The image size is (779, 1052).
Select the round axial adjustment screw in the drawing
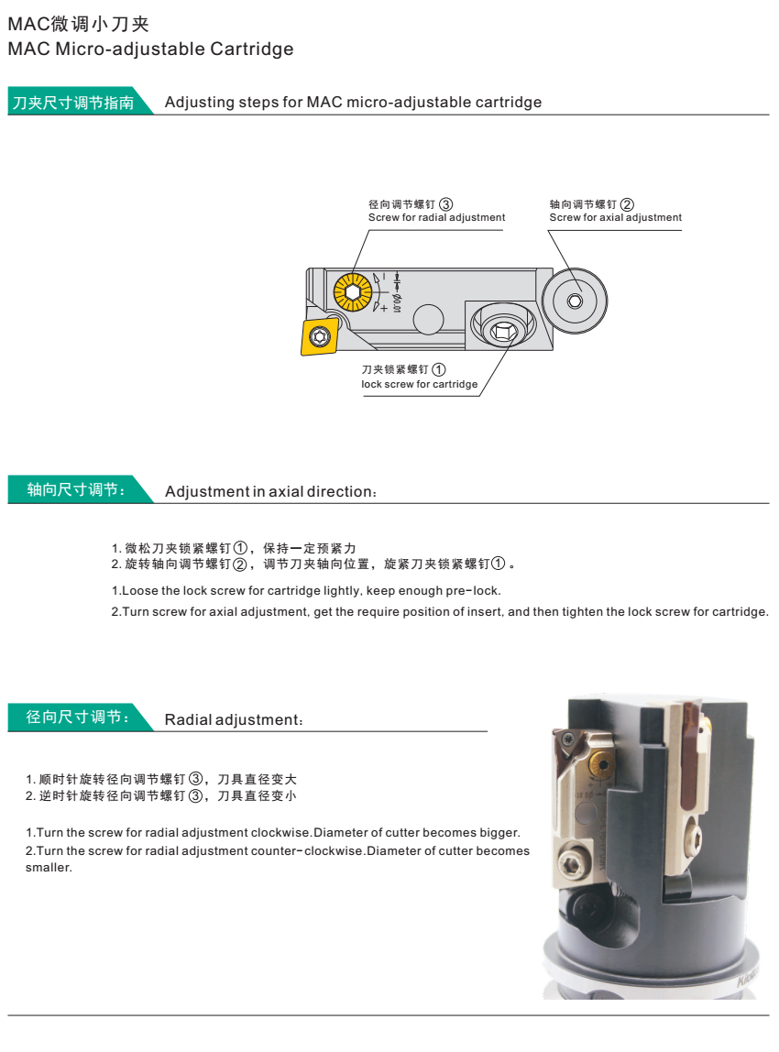pos(575,301)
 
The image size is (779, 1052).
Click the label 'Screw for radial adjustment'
pos(436,218)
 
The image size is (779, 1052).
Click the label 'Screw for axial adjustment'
pos(615,218)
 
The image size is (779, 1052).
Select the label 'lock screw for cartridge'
pos(419,385)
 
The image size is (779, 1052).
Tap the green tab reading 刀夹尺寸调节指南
pos(71,103)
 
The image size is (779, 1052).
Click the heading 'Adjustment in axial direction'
pos(270,492)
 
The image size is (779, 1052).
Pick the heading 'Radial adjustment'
pos(233,720)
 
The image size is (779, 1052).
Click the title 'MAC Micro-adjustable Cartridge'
pos(150,49)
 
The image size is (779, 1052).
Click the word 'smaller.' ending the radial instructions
pos(49,867)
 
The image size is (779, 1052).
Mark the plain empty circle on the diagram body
pos(427,319)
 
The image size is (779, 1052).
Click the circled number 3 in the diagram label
pos(445,203)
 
